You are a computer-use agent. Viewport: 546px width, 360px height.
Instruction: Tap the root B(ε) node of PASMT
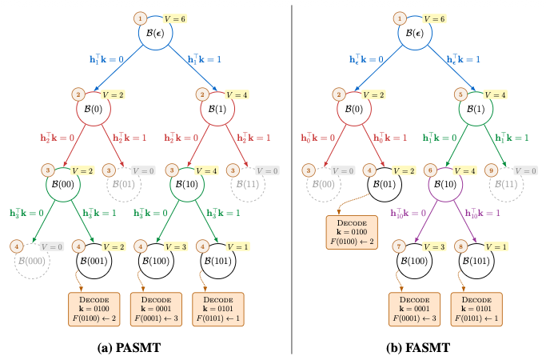click(156, 34)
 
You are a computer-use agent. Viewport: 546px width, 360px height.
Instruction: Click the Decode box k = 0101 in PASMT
click(217, 308)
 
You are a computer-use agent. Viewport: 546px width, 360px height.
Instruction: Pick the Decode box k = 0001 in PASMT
click(156, 308)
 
